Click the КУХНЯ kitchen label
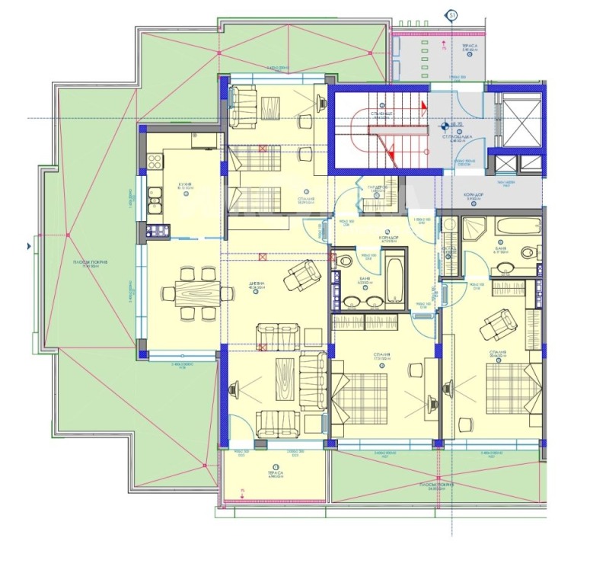point(183,184)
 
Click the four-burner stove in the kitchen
point(154,162)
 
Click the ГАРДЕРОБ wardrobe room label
point(378,188)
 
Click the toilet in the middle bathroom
point(346,261)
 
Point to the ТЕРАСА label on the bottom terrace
point(275,472)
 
